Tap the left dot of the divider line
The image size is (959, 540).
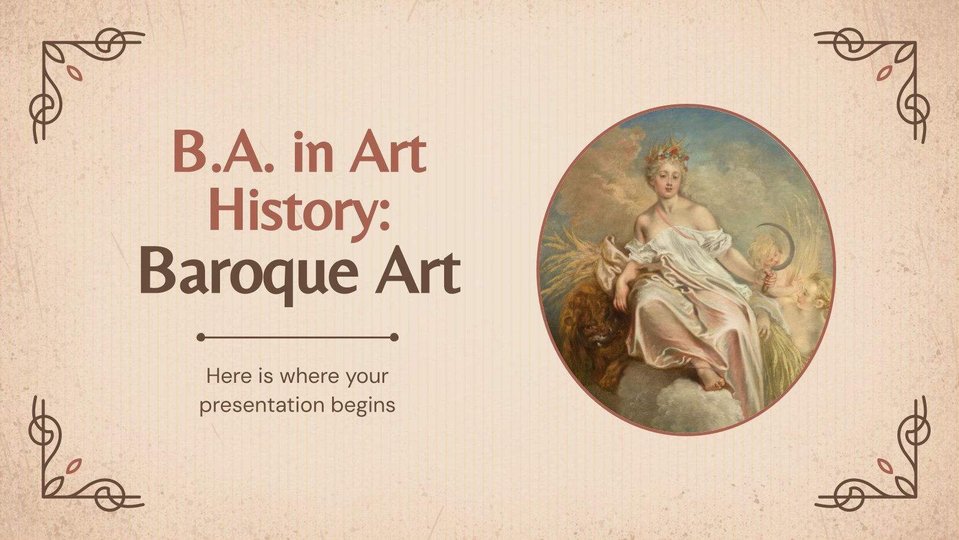tap(201, 338)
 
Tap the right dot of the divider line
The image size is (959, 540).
tap(394, 338)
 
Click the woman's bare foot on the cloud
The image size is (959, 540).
tap(711, 379)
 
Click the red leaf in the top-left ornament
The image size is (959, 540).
tap(74, 74)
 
